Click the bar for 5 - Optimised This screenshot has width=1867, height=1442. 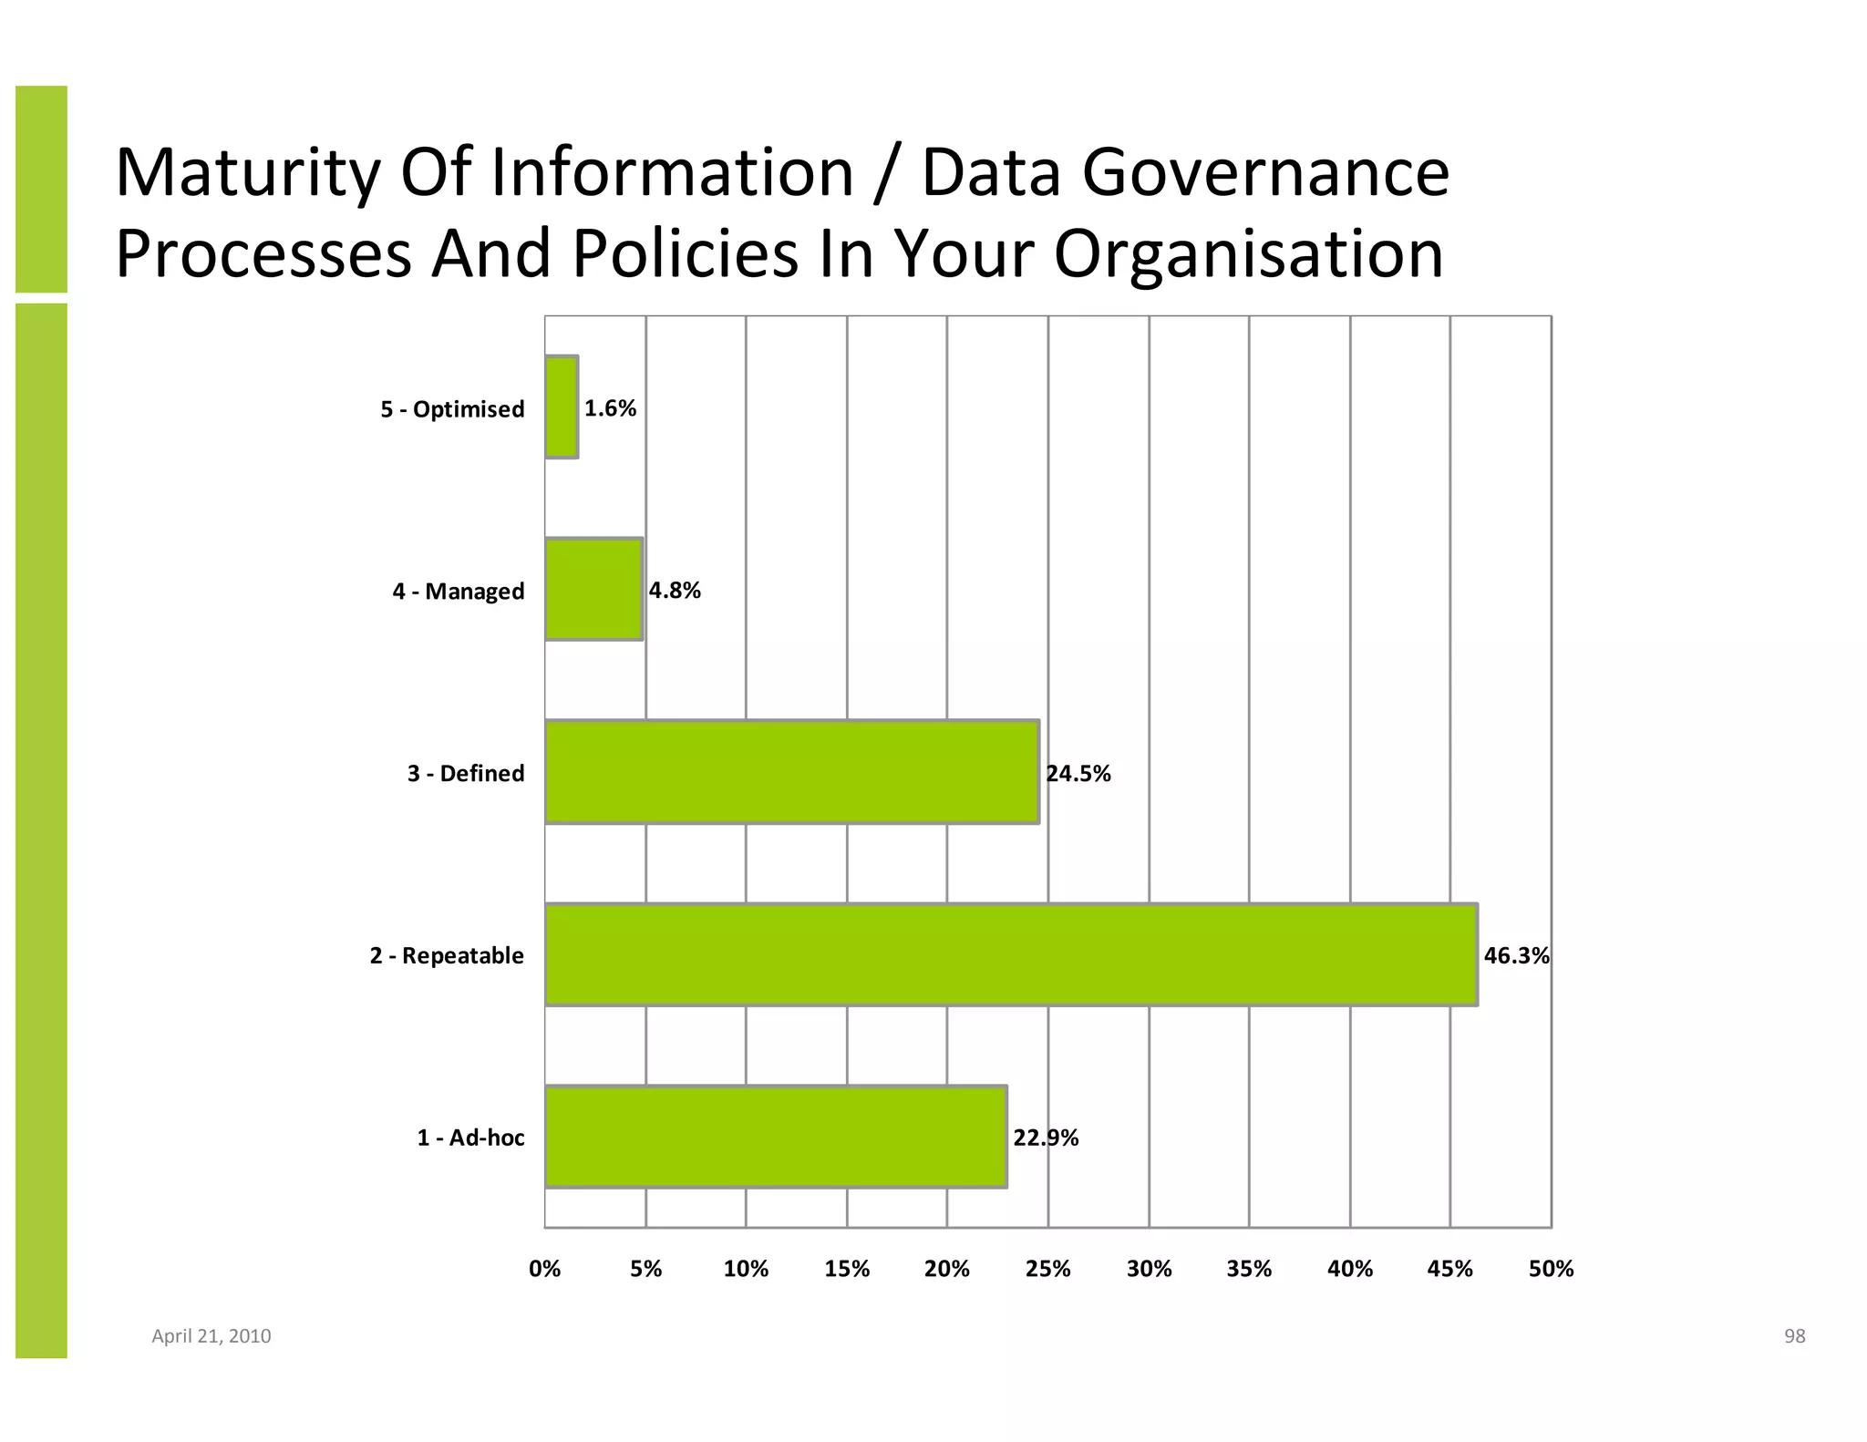tap(562, 407)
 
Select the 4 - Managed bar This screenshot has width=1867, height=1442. tap(594, 589)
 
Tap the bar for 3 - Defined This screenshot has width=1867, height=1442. tap(791, 772)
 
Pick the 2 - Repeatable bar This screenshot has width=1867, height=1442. tap(1010, 954)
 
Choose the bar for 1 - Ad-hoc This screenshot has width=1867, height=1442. tap(776, 1137)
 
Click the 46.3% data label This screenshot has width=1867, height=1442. tap(1516, 955)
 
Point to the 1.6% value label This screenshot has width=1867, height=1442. tap(610, 408)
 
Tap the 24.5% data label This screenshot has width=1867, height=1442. tap(1078, 774)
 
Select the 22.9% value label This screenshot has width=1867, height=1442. tap(1046, 1138)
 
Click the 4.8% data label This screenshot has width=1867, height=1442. tap(675, 591)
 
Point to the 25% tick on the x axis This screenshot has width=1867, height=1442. tap(1047, 1269)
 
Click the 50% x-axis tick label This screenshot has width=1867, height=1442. tap(1551, 1269)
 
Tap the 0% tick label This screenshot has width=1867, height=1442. tap(545, 1269)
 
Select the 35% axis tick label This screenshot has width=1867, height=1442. tap(1249, 1269)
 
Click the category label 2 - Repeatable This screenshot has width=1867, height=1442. tap(447, 955)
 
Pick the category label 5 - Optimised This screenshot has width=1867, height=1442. tap(452, 409)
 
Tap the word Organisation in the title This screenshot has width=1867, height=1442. tap(1249, 253)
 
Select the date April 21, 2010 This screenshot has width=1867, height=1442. tap(211, 1336)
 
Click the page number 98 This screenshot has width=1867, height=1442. tap(1794, 1336)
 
